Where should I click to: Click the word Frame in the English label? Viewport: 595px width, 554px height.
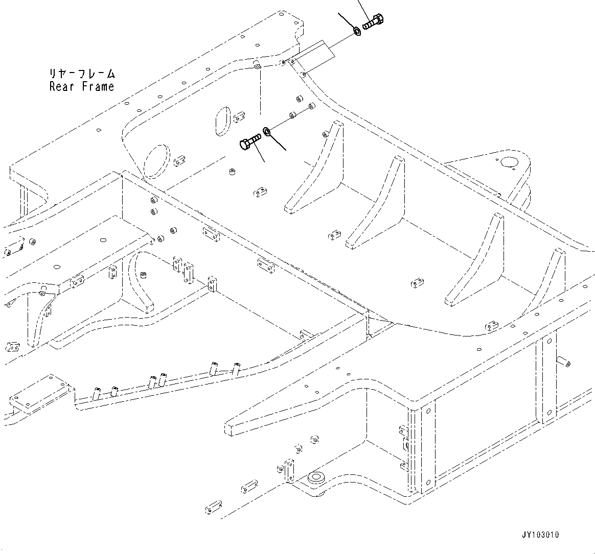97,86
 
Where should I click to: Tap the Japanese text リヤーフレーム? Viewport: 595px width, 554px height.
82,74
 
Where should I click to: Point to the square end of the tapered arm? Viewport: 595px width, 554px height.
234,427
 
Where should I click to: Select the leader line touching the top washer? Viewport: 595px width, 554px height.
348,22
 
